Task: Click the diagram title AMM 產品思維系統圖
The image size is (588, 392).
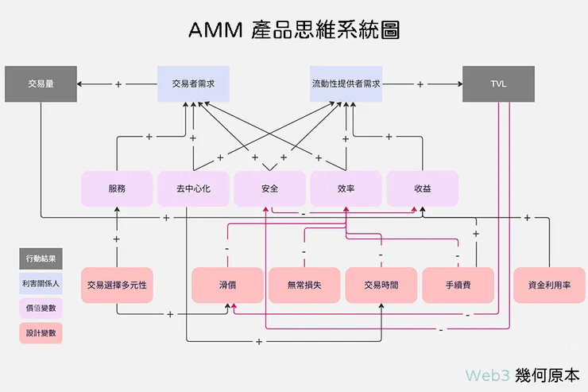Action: point(293,30)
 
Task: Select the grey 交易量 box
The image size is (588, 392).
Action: point(41,83)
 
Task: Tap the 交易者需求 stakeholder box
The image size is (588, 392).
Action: point(193,83)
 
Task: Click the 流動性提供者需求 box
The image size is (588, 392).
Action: point(346,83)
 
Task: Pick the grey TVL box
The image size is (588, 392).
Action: point(498,83)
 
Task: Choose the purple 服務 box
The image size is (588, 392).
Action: point(117,189)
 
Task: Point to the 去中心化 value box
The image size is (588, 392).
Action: point(193,189)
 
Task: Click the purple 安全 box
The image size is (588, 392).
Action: point(269,189)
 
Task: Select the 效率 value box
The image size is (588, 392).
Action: point(346,189)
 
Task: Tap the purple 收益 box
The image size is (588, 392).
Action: point(422,189)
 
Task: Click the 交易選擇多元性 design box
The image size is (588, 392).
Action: point(118,285)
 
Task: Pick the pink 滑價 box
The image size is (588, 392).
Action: point(227,285)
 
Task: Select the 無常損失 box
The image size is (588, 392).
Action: point(304,285)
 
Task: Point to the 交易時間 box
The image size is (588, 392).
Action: point(381,285)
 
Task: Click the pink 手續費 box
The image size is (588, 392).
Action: point(458,285)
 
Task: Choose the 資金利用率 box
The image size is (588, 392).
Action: point(549,285)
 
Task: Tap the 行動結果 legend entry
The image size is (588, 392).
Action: point(41,258)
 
